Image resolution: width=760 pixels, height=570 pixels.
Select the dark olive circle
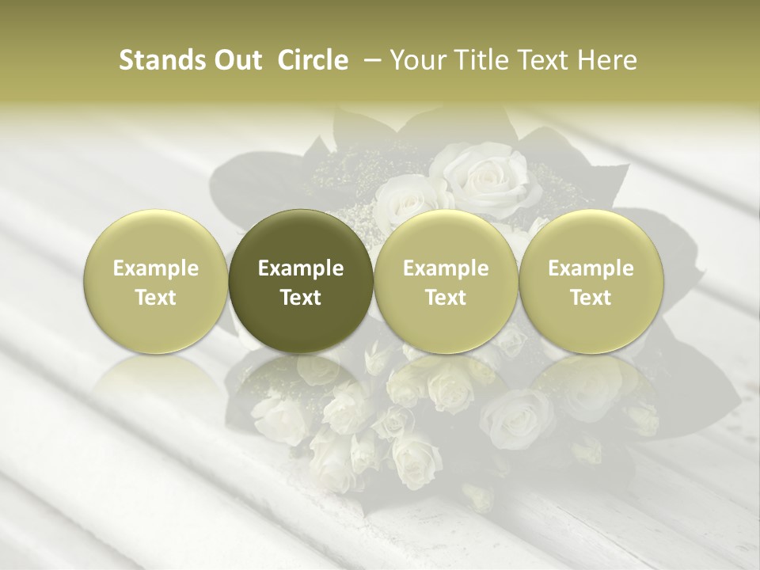(x=300, y=282)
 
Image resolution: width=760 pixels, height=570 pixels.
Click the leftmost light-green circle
(x=155, y=282)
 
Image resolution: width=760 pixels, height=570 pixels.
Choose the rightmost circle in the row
(x=591, y=282)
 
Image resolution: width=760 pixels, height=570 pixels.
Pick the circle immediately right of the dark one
(x=446, y=282)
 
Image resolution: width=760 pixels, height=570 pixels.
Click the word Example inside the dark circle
(x=301, y=268)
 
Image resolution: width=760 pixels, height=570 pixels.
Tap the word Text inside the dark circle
(x=301, y=297)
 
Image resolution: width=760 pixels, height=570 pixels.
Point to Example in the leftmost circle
(x=156, y=268)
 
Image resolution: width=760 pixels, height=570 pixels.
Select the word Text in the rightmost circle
(x=591, y=297)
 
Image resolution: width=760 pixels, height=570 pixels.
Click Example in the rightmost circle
(x=591, y=268)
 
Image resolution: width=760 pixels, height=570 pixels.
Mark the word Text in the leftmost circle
(x=156, y=297)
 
